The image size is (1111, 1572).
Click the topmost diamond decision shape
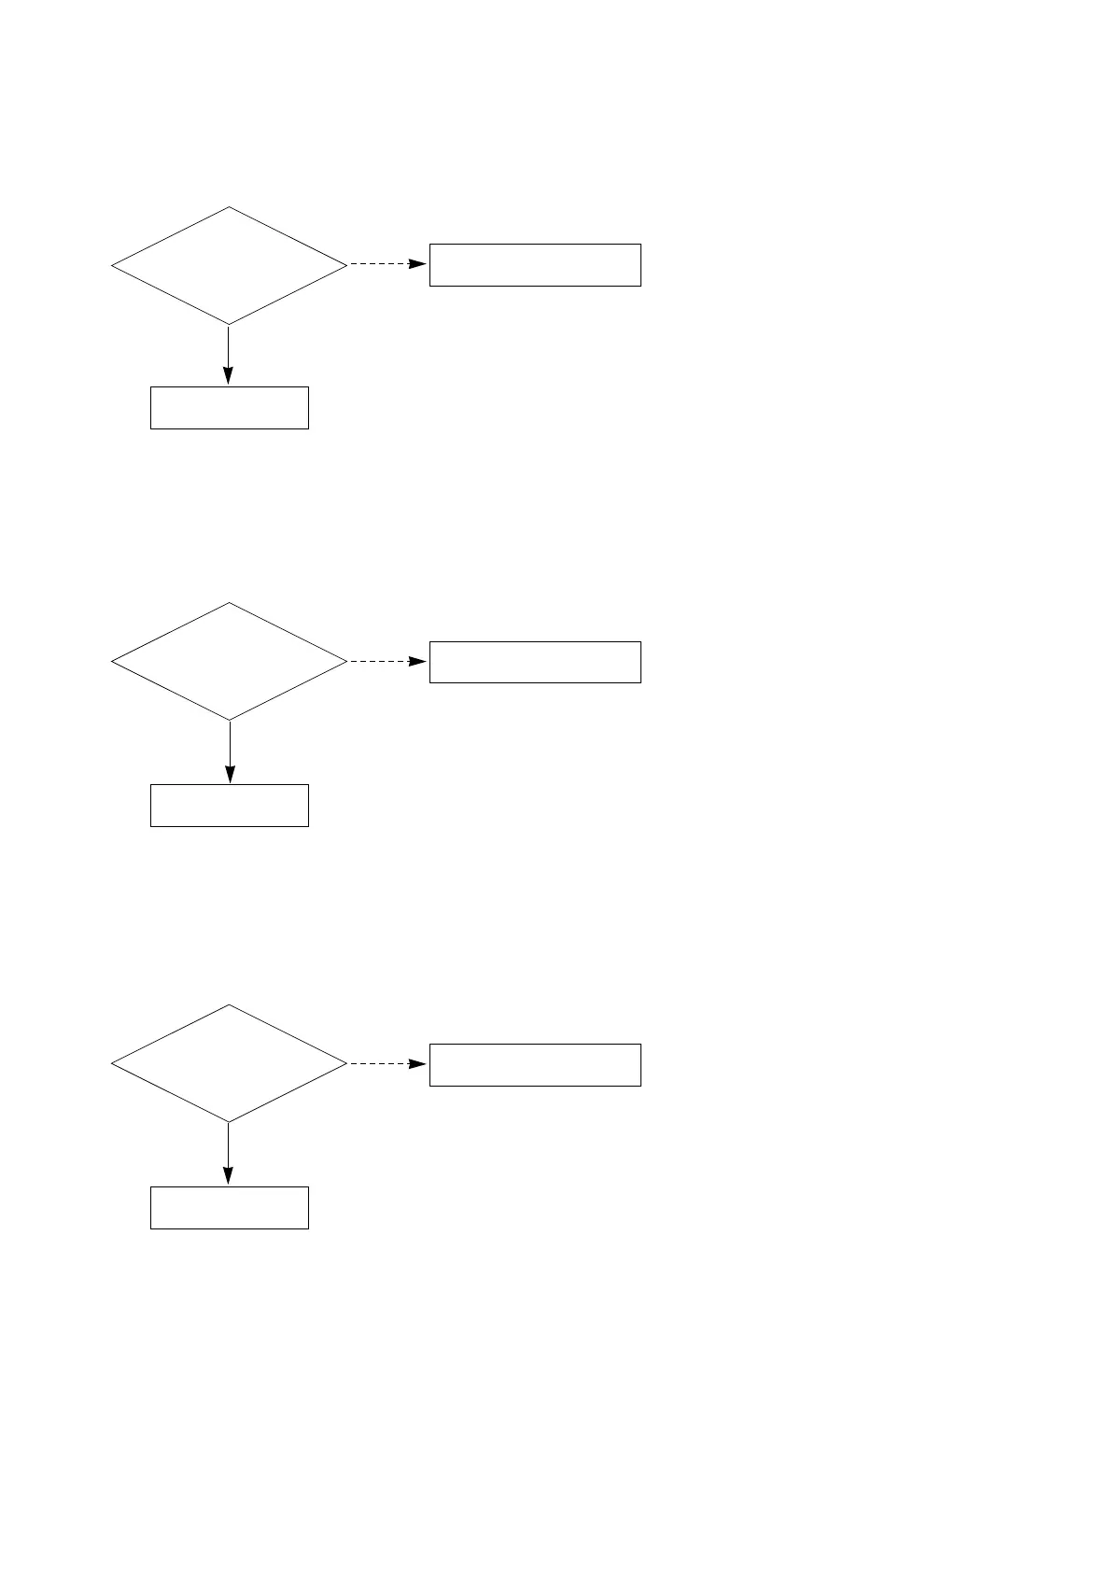click(x=229, y=266)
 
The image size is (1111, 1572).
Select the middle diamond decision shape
click(x=229, y=661)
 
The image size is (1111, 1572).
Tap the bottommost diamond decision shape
click(x=229, y=1063)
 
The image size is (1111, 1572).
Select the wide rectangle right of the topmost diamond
click(x=535, y=265)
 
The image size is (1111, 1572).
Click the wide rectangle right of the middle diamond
click(x=535, y=662)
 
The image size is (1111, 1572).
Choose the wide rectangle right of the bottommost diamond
click(x=535, y=1065)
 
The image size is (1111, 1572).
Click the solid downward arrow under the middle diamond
click(x=230, y=751)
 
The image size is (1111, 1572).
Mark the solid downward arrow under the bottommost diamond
click(x=228, y=1152)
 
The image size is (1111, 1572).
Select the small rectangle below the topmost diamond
click(x=230, y=408)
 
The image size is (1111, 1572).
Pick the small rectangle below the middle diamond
click(x=230, y=806)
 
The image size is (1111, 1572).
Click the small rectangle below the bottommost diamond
click(x=230, y=1208)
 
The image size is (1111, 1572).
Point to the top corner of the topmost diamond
click(x=229, y=207)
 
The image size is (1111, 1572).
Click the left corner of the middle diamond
click(x=112, y=661)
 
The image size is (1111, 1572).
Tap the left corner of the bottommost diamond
click(x=112, y=1063)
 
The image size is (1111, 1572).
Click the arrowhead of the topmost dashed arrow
click(x=419, y=264)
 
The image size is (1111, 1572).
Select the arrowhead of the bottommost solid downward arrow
click(x=228, y=1175)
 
